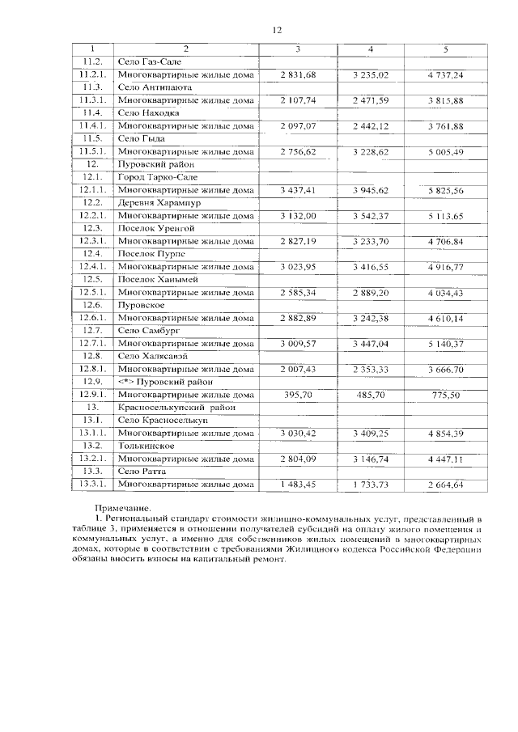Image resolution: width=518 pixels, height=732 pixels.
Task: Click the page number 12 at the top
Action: [x=275, y=30]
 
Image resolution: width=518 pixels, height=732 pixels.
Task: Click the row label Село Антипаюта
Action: [x=154, y=87]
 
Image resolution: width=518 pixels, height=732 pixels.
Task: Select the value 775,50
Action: [x=446, y=395]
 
